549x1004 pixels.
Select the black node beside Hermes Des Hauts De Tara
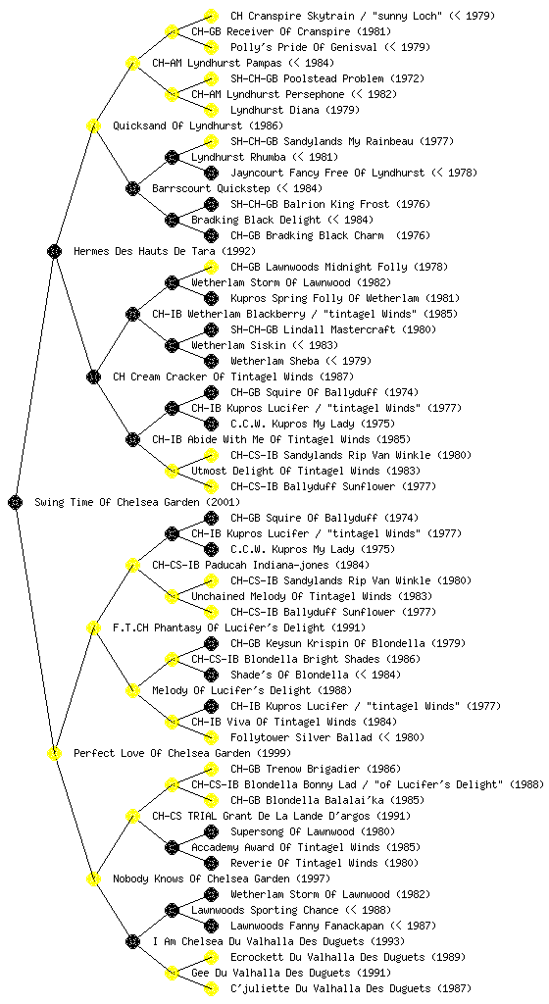click(54, 252)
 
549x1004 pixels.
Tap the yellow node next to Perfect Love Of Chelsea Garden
click(54, 754)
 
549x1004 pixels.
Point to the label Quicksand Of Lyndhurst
click(177, 126)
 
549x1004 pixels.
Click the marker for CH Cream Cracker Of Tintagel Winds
click(93, 377)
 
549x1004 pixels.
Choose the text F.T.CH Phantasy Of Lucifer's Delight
click(219, 628)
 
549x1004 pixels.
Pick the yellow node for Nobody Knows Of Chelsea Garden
click(93, 879)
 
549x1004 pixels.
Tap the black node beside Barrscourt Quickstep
click(132, 189)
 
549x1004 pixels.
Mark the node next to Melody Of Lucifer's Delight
click(132, 691)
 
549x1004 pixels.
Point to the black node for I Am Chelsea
click(132, 942)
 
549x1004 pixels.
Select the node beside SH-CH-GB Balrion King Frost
click(211, 204)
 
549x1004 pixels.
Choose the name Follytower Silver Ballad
click(299, 737)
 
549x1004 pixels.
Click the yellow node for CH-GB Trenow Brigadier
click(211, 769)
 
